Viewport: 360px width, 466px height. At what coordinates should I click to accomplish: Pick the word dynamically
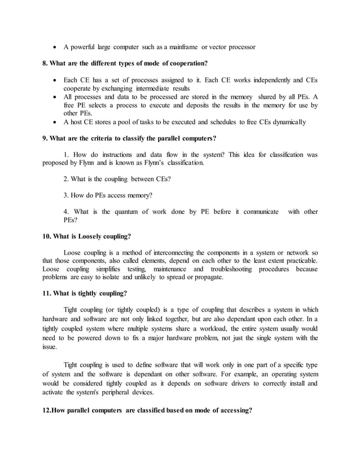(x=286, y=122)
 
